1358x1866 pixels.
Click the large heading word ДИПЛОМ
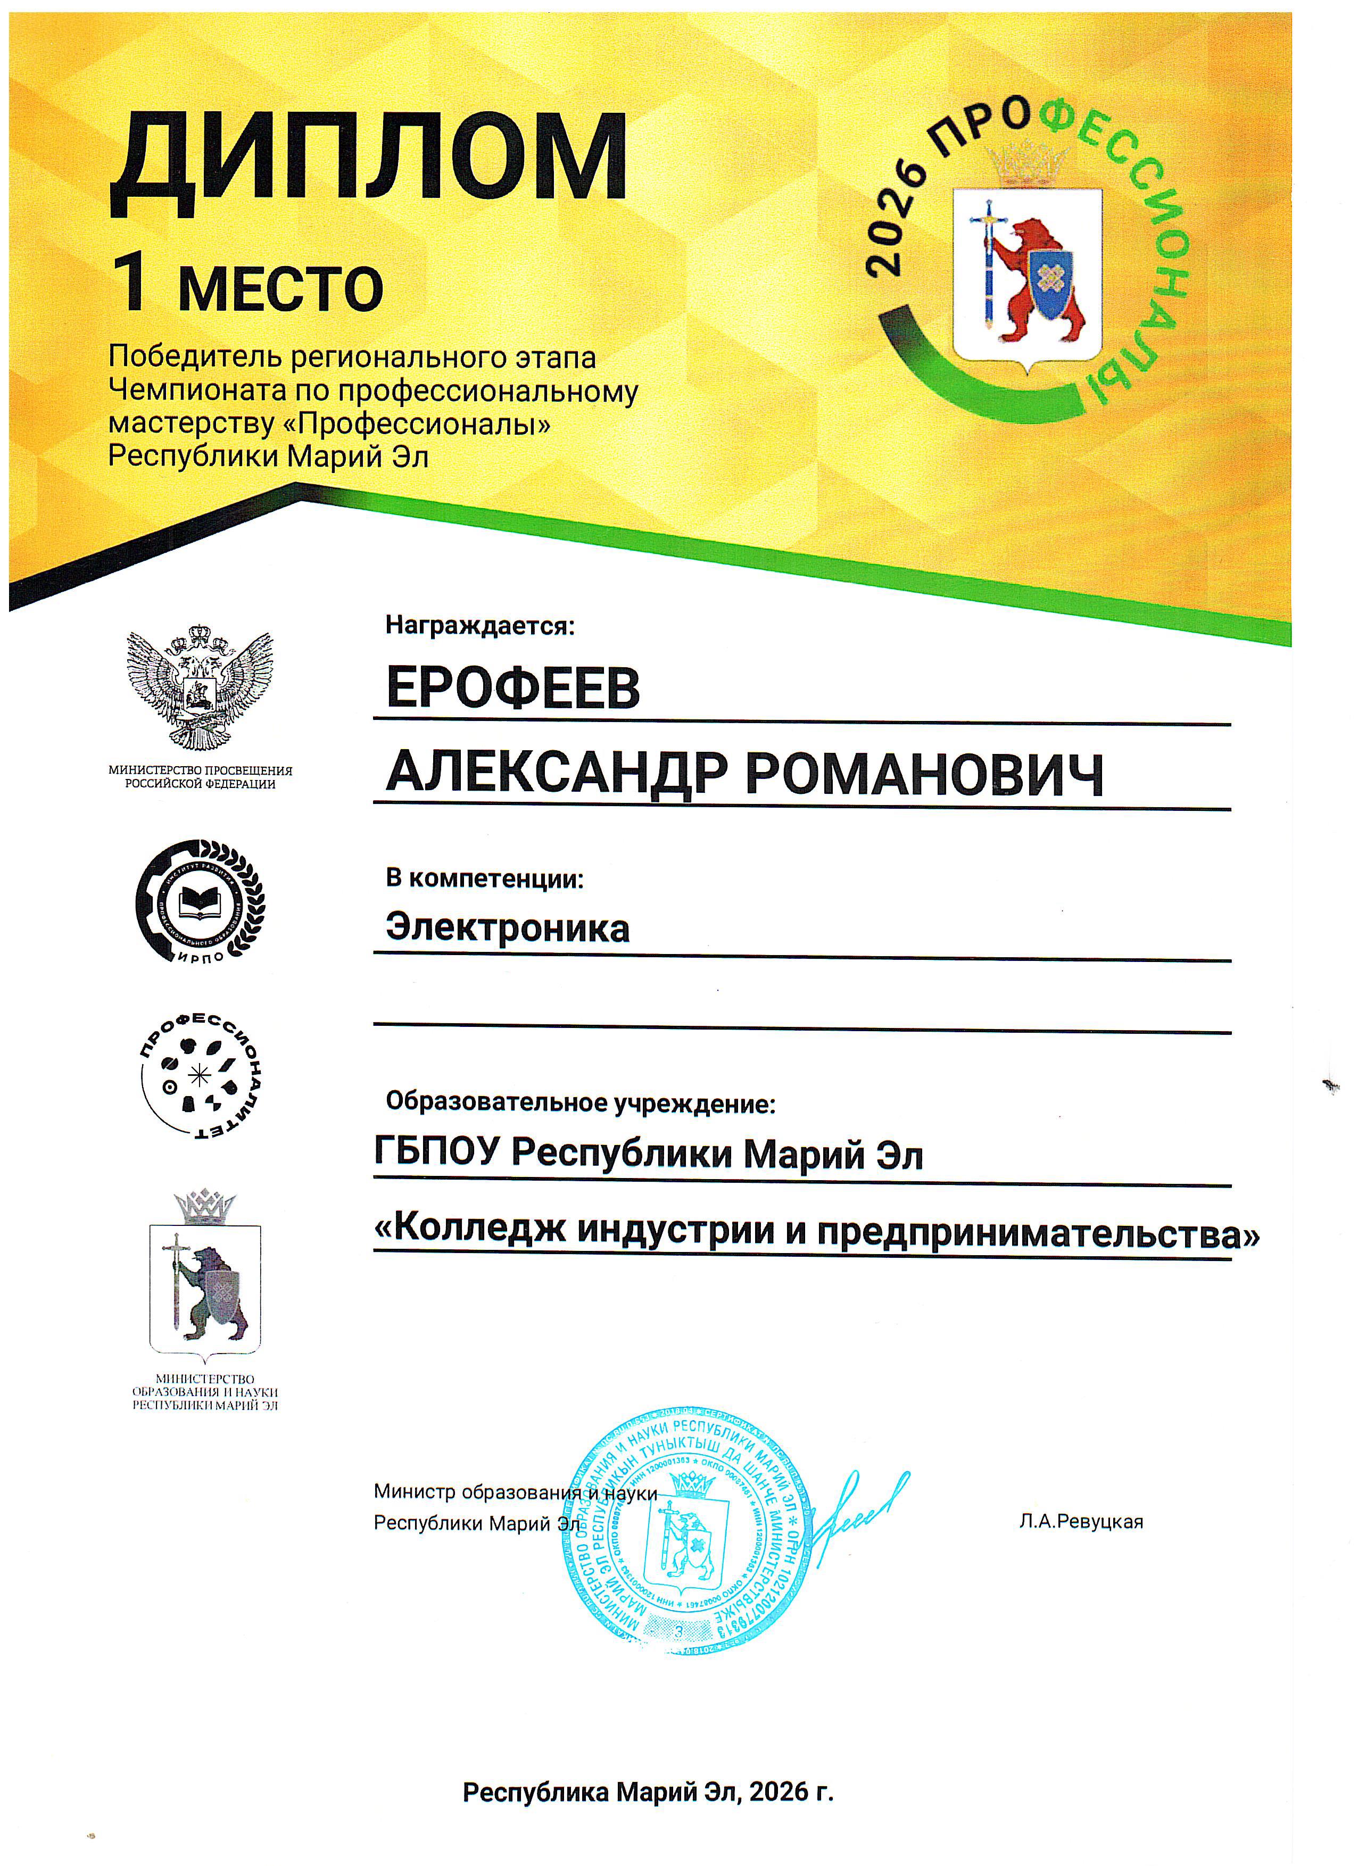[x=369, y=161]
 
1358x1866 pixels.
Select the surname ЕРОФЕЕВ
[x=513, y=688]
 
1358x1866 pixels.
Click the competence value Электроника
[x=508, y=928]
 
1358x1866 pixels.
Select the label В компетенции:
[x=485, y=878]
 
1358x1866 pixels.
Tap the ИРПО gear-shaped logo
[x=200, y=902]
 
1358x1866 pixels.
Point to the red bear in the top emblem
[x=1042, y=280]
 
